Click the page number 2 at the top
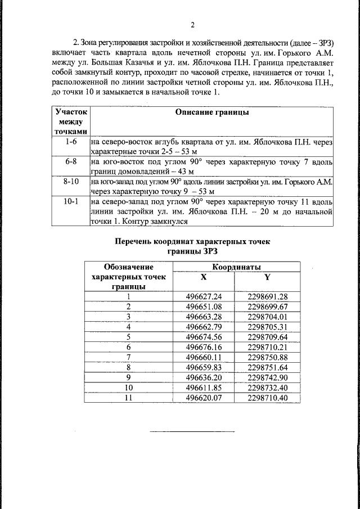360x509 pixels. (x=192, y=25)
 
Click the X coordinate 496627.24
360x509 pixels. (x=204, y=296)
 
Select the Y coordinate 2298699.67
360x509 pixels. (x=267, y=307)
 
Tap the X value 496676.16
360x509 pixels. (x=204, y=347)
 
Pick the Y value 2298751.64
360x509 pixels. (x=267, y=367)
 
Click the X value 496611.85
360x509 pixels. (x=204, y=388)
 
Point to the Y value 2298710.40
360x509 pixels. (x=267, y=398)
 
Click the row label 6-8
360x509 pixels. (x=70, y=161)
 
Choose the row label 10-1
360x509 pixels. (x=70, y=201)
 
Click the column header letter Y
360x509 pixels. (x=267, y=277)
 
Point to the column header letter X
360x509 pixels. (x=204, y=277)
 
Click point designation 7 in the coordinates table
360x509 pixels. (x=128, y=357)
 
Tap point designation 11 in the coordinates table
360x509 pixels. (x=128, y=398)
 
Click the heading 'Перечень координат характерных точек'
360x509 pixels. (x=192, y=241)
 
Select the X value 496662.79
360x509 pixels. (x=204, y=327)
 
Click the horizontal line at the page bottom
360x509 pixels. (x=192, y=431)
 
